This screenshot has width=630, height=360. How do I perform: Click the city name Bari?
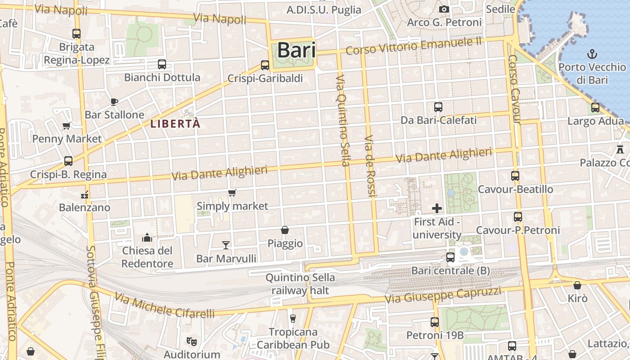(296, 50)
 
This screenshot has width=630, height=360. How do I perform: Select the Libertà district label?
(175, 124)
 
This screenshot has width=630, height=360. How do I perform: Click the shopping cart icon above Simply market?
(232, 193)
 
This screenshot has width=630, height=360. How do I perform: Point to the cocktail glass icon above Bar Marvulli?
(226, 245)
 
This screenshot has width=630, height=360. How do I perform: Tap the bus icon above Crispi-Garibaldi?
(265, 65)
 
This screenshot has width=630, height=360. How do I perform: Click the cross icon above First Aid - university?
(436, 208)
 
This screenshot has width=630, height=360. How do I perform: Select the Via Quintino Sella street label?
(343, 120)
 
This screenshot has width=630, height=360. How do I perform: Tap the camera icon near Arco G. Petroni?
(444, 9)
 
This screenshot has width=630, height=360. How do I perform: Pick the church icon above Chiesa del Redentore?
(147, 238)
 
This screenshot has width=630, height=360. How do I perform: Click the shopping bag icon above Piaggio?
(285, 230)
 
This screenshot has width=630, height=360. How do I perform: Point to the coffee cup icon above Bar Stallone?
(114, 101)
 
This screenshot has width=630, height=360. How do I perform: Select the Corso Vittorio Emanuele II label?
(414, 46)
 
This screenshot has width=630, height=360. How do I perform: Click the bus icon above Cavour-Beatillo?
(515, 176)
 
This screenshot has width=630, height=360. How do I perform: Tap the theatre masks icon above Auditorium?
(192, 341)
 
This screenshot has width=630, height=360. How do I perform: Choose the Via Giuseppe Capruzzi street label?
(443, 295)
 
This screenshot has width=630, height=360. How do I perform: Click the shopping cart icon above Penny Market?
(67, 126)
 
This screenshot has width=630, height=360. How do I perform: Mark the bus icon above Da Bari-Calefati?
(438, 107)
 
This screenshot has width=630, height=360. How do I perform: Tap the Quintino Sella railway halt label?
(300, 284)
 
